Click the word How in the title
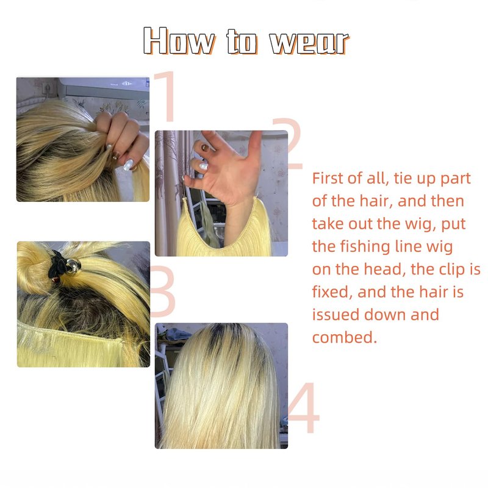[x=179, y=41]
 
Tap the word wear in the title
[x=309, y=42]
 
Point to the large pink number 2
[x=288, y=144]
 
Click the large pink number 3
[x=163, y=292]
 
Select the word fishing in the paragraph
[x=365, y=247]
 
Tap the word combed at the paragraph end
[x=344, y=337]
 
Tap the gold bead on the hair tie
[x=73, y=265]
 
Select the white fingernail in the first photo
[x=128, y=164]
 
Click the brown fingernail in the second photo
[x=206, y=148]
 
